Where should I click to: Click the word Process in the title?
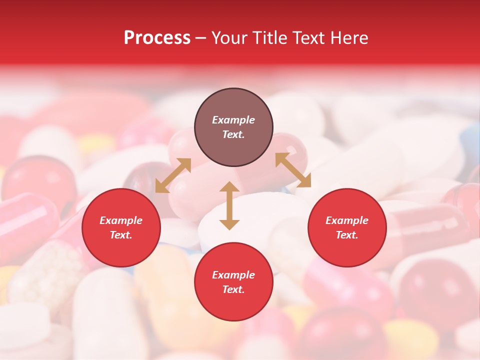(157, 38)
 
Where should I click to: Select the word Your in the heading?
(229, 38)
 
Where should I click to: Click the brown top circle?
(233, 127)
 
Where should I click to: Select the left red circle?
(121, 228)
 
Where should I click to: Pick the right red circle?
(347, 228)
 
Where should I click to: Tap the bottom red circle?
(233, 282)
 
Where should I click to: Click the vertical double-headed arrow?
(229, 205)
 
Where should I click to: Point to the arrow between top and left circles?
(173, 175)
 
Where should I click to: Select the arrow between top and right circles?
(293, 169)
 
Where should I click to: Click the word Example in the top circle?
(233, 120)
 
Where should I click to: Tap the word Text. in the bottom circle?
(233, 289)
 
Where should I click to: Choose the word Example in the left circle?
(121, 220)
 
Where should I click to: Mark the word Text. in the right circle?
(347, 235)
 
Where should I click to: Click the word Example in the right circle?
(347, 220)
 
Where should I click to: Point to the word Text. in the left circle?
(121, 235)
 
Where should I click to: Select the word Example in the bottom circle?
(233, 275)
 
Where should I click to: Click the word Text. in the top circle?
(233, 134)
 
